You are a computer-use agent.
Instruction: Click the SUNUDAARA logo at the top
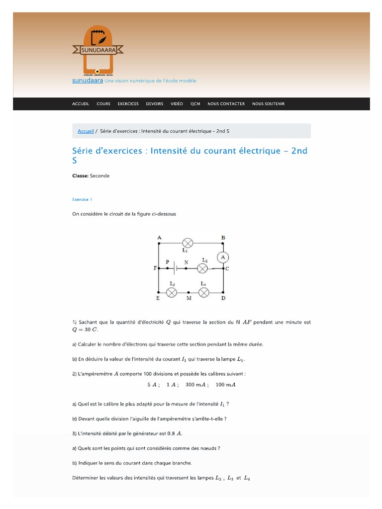97,48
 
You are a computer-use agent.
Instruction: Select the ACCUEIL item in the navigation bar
81,104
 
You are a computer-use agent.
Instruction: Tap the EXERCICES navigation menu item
128,104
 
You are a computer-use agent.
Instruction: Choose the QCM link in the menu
195,104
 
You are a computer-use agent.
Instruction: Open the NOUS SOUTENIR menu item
268,104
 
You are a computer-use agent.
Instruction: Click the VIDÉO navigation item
177,104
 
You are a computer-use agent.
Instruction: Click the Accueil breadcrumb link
86,131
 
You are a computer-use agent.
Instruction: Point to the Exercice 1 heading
82,199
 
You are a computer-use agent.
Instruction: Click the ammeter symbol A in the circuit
223,256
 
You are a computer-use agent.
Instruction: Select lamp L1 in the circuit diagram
188,243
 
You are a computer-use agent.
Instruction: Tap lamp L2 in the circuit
202,268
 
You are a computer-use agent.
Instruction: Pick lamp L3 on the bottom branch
172,292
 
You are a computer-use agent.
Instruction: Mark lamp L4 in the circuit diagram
203,292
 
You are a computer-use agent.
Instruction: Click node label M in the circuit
188,299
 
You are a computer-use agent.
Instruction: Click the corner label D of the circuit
223,299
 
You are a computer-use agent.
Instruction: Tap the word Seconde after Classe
100,175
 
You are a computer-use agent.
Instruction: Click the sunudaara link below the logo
88,81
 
